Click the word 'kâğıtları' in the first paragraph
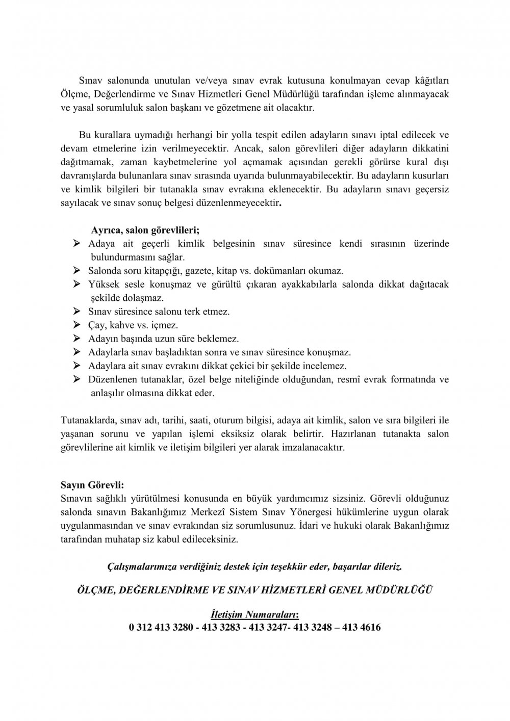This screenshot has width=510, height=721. (431, 80)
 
